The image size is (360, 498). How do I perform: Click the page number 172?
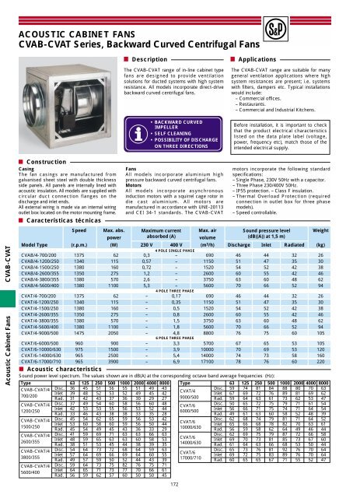[x=180, y=484]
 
